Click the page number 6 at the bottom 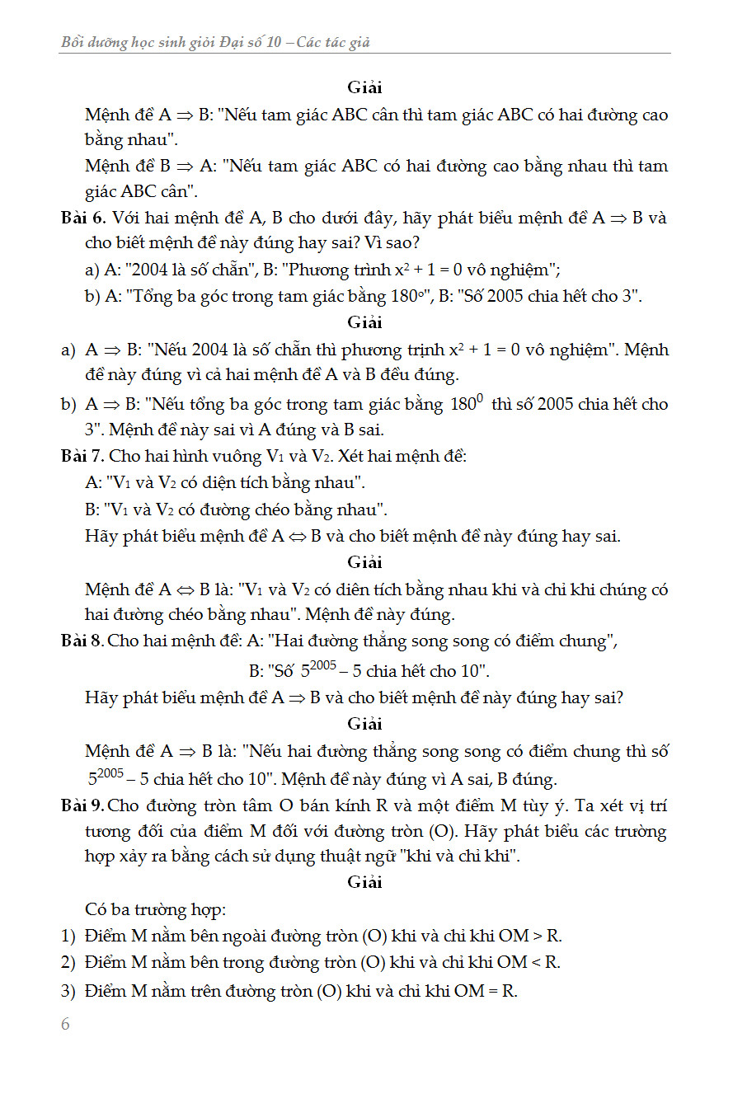pos(66,1024)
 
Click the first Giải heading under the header pos(365,87)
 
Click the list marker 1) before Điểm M pos(68,936)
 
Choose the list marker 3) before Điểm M pos(68,990)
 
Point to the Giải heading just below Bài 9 pos(365,882)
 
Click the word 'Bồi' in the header pos(75,42)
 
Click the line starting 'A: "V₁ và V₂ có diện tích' pos(225,482)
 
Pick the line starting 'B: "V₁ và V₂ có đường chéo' pos(236,509)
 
